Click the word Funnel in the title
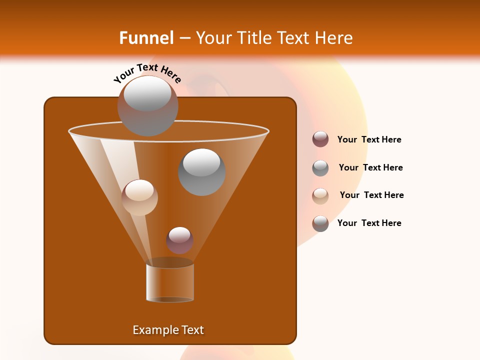146,38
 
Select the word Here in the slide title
333,38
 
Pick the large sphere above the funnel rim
147,105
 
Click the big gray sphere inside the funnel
202,172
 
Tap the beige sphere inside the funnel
139,197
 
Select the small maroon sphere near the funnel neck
179,240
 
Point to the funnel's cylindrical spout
170,282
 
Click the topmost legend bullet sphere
320,139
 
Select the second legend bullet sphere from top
320,168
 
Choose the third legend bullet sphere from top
320,195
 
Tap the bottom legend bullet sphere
320,223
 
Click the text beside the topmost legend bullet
369,139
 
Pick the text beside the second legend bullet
370,167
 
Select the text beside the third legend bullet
371,195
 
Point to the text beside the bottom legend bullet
369,223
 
